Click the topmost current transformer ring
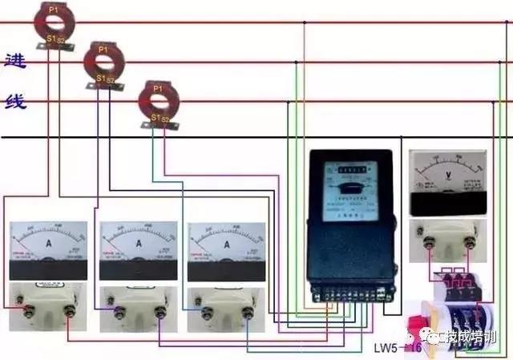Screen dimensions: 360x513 [54, 22]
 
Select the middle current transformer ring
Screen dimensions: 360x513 [103, 63]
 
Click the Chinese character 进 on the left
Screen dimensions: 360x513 [15, 62]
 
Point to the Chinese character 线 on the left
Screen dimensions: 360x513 [15, 102]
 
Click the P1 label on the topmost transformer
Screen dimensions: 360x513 [54, 8]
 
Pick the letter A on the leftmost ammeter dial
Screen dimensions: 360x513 [50, 242]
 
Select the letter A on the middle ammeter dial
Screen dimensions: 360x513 [139, 242]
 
